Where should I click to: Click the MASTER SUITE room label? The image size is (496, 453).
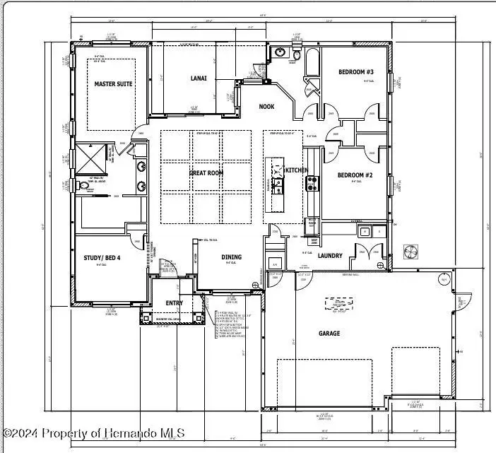(x=113, y=84)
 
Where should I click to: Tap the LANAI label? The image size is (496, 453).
(x=199, y=78)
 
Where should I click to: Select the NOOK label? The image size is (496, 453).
(x=266, y=107)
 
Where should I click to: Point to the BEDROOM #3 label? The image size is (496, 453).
(x=355, y=72)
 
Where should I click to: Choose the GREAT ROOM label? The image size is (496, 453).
(x=206, y=172)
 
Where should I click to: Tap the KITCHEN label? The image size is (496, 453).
(x=295, y=170)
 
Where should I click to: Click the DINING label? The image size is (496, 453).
(x=231, y=257)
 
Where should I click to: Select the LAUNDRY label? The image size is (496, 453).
(x=330, y=256)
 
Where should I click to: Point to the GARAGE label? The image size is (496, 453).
(x=329, y=333)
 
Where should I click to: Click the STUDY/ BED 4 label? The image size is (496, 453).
(x=102, y=258)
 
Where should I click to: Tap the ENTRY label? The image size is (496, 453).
(x=174, y=303)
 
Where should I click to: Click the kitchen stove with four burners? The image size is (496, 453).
(x=312, y=183)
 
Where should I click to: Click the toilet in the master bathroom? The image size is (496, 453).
(x=86, y=187)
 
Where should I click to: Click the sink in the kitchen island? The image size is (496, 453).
(x=278, y=185)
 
